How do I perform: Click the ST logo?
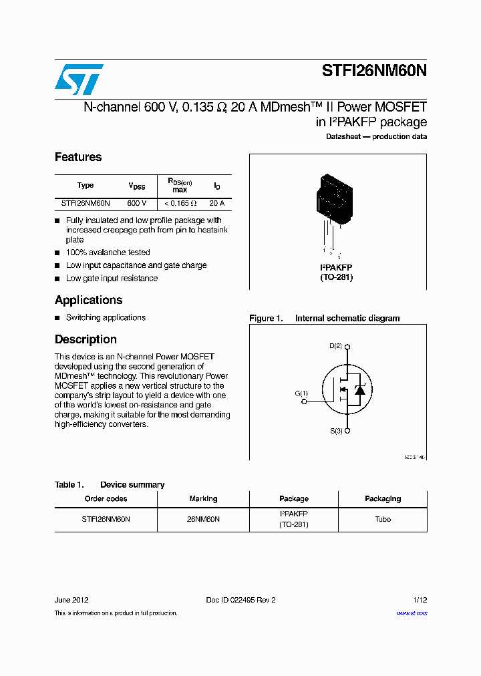click(79, 79)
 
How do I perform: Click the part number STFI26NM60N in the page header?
click(374, 71)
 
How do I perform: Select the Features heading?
click(78, 157)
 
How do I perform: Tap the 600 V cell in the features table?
click(136, 203)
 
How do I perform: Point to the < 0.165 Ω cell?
click(180, 203)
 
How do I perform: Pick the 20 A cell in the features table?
click(216, 203)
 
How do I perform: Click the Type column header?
click(86, 186)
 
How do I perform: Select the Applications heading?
click(88, 300)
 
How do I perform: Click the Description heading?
click(86, 339)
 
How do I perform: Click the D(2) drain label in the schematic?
click(335, 346)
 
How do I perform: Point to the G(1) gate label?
click(301, 393)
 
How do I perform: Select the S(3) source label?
click(335, 432)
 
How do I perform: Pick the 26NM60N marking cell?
click(203, 519)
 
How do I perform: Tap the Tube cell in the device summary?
click(383, 519)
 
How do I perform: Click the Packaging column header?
click(383, 499)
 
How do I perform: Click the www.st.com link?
click(412, 613)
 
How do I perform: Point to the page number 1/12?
click(419, 600)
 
